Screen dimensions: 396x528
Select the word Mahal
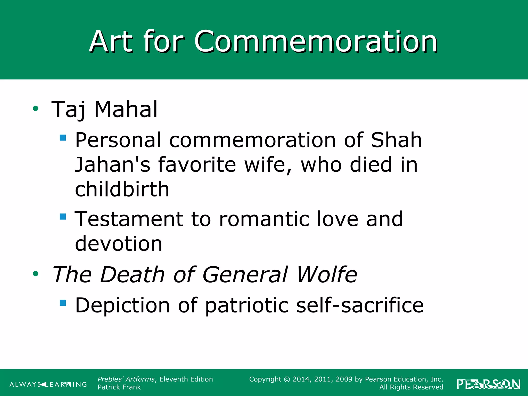tap(126, 109)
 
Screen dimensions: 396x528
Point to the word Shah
tap(396, 140)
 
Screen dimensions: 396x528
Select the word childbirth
tap(122, 189)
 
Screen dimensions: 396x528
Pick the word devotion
tap(119, 243)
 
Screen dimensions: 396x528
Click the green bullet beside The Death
tap(36, 274)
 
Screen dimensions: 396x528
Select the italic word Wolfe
tap(327, 274)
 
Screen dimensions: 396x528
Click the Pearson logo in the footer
tap(488, 384)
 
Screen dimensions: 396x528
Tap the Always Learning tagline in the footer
tap(48, 384)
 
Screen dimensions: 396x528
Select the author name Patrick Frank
tap(119, 387)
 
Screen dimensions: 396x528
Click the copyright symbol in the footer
tap(287, 379)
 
